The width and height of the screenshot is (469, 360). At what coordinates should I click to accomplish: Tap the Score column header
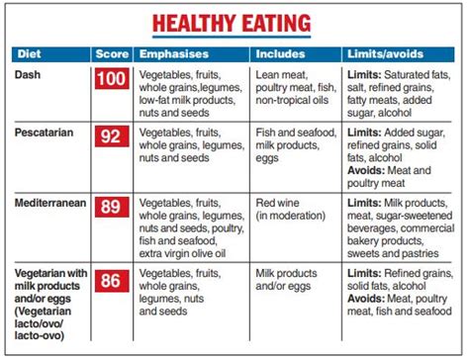coord(111,53)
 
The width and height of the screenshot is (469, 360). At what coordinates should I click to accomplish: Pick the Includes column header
coord(281,53)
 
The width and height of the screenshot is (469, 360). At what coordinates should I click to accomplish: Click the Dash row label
coord(29,73)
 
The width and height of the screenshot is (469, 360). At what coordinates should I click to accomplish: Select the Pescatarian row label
coord(46,131)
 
